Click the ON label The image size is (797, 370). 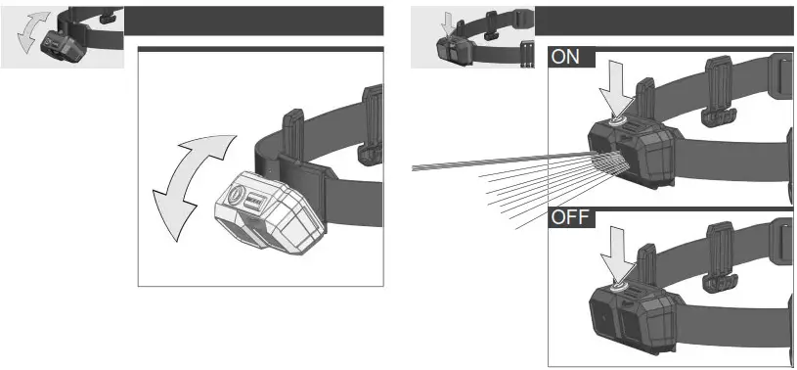(566, 57)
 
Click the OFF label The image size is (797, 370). (570, 216)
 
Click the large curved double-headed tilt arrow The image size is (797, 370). (191, 187)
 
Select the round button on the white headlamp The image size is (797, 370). (237, 195)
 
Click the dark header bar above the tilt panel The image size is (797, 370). (253, 20)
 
